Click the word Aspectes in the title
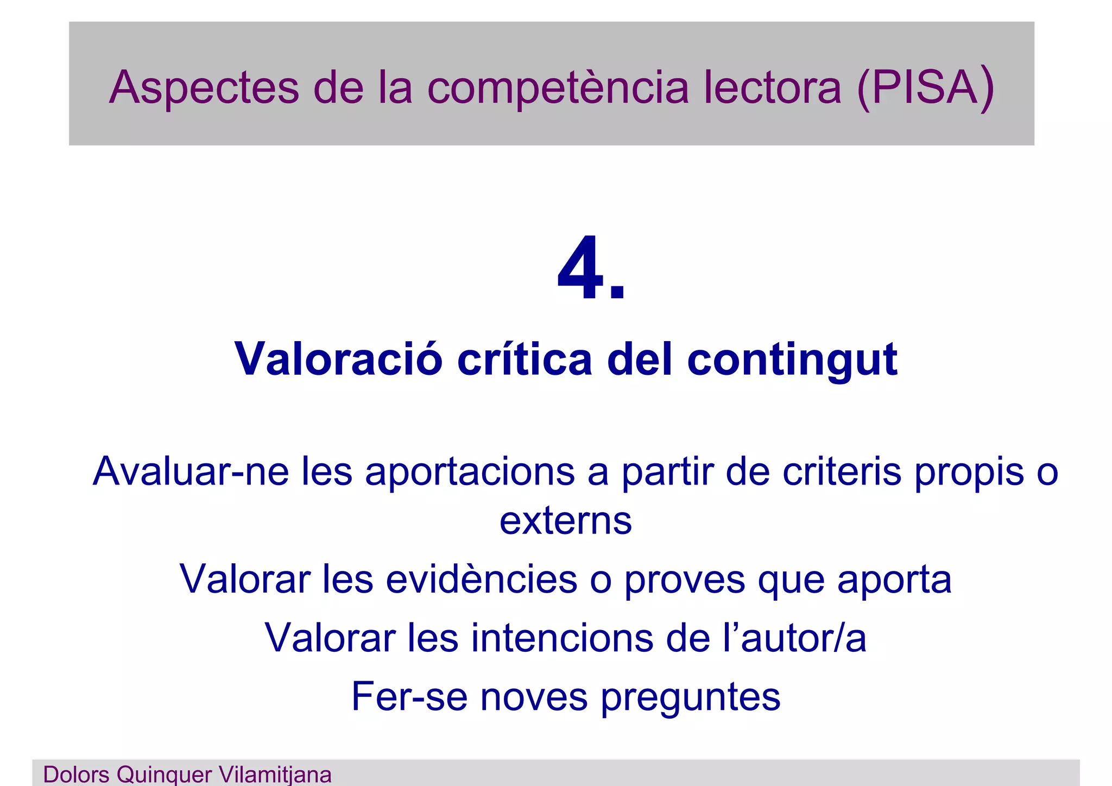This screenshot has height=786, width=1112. point(204,87)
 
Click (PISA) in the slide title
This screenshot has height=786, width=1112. point(925,87)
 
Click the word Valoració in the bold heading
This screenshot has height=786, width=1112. point(338,359)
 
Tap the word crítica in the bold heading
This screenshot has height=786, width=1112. point(524,359)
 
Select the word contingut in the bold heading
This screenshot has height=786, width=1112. point(792,360)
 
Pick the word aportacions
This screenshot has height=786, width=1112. point(470,472)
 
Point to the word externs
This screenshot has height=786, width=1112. point(565,520)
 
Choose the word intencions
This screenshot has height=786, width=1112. point(561,638)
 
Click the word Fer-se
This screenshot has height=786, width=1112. point(409,696)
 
